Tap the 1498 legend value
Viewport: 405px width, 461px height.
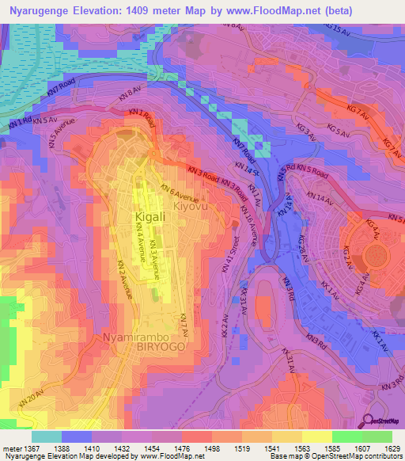pyautogui.click(x=210, y=448)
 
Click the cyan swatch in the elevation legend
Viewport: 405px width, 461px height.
pyautogui.click(x=47, y=436)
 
